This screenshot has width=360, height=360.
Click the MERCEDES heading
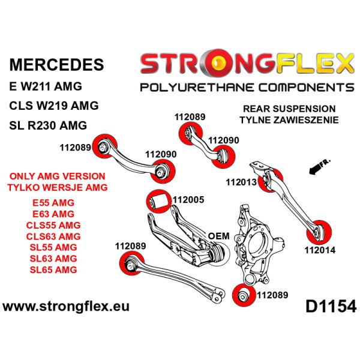tap(57, 65)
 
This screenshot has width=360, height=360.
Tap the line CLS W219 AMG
tap(54, 106)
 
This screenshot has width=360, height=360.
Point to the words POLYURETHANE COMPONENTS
tap(247, 88)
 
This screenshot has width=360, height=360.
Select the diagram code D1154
tap(331, 307)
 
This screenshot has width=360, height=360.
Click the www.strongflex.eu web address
tap(65, 307)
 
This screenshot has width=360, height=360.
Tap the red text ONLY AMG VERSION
tap(58, 176)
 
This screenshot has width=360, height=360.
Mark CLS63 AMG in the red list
tap(53, 236)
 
